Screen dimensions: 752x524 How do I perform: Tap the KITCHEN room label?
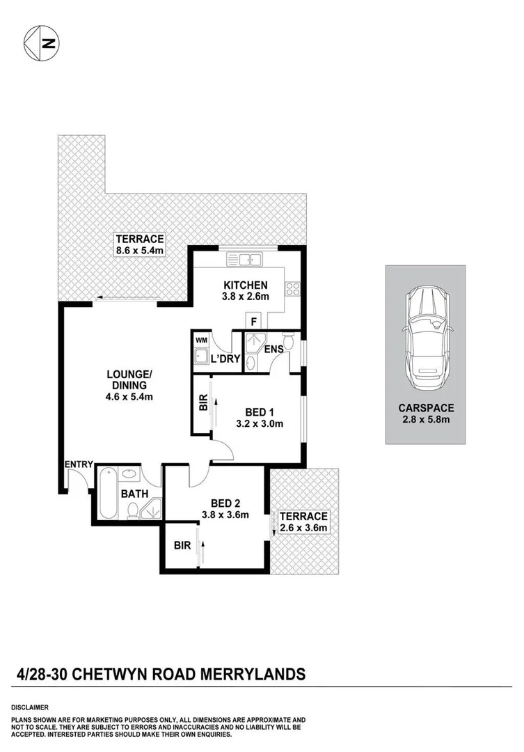(245, 285)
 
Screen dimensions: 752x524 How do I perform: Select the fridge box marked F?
(253, 322)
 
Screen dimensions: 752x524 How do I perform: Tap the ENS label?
(273, 349)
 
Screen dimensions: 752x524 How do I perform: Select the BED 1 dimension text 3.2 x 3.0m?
(260, 423)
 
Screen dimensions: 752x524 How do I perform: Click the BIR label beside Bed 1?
(203, 405)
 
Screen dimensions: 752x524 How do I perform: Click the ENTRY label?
(79, 464)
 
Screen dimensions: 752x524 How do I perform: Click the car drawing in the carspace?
(427, 337)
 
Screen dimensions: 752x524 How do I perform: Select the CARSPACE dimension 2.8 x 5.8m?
(427, 421)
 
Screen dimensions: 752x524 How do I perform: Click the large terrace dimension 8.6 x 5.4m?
(139, 250)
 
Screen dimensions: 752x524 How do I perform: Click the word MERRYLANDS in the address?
(262, 674)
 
